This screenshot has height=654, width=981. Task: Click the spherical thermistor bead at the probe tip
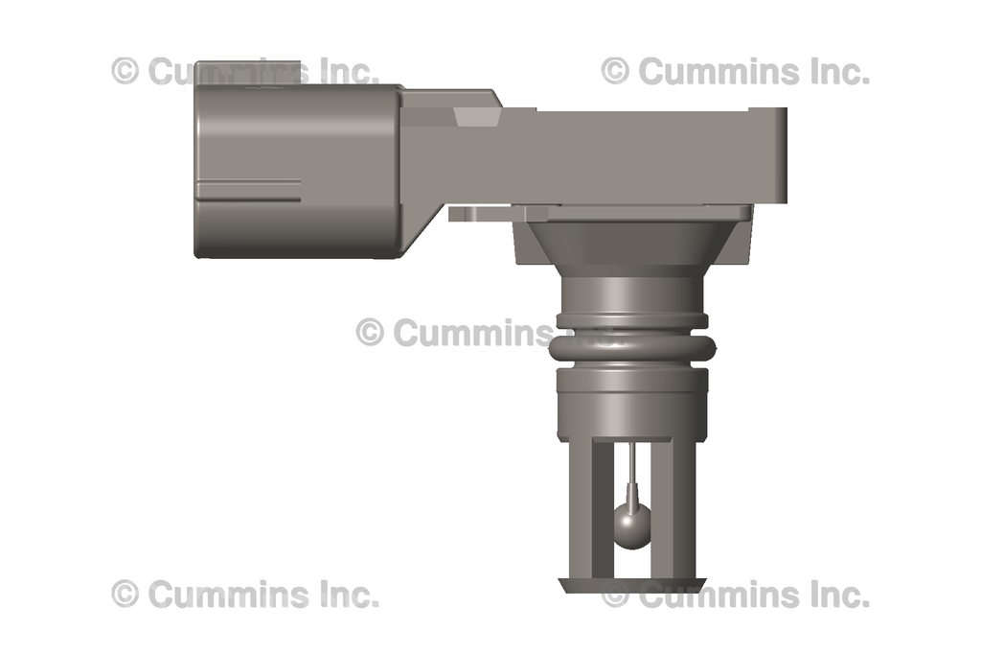(x=631, y=526)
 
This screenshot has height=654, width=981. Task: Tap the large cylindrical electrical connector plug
(x=297, y=171)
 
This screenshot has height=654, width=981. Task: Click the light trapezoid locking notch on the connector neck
(x=476, y=116)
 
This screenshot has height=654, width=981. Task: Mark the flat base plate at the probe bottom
(x=632, y=583)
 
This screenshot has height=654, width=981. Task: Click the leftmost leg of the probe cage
(x=578, y=508)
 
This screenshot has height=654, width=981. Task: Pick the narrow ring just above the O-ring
(x=632, y=320)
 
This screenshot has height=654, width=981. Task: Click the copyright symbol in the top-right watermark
(x=615, y=70)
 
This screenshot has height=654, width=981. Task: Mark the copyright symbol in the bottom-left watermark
(x=125, y=594)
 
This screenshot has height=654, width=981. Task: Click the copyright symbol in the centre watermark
(x=370, y=332)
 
